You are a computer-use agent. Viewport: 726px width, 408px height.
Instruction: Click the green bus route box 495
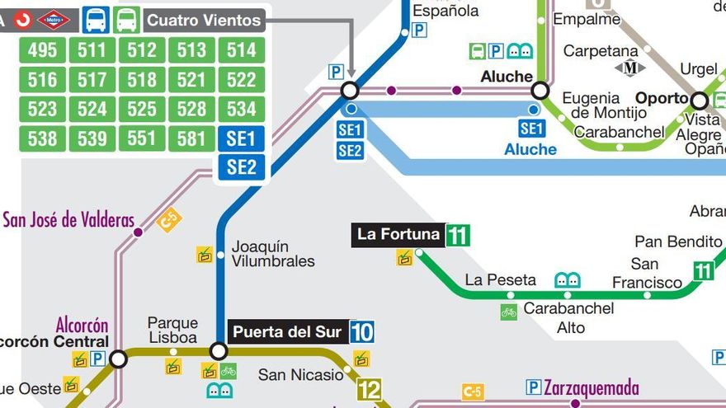(x=42, y=50)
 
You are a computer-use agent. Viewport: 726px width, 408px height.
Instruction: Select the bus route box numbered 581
(x=191, y=138)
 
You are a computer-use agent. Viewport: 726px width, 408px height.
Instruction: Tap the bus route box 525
(x=142, y=109)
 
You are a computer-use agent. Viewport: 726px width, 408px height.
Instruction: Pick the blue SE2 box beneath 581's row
(x=241, y=167)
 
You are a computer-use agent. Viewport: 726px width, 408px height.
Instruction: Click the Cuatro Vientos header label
(x=204, y=20)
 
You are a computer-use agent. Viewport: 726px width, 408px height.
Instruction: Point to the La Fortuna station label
(x=398, y=235)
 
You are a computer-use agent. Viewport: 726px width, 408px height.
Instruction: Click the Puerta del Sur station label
(x=286, y=332)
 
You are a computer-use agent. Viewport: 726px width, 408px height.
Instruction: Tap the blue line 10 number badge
(x=361, y=332)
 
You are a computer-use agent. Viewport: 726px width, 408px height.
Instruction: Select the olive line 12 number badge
(x=369, y=390)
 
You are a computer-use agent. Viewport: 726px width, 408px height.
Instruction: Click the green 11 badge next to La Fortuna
(x=458, y=236)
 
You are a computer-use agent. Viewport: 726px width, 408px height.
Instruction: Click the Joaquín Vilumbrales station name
(x=273, y=254)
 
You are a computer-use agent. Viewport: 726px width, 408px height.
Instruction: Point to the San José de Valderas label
(x=68, y=220)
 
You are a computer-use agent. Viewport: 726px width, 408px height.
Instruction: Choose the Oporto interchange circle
(x=700, y=101)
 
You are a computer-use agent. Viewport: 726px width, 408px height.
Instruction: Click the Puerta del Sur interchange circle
(x=218, y=351)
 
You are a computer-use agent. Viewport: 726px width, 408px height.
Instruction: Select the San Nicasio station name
(x=300, y=375)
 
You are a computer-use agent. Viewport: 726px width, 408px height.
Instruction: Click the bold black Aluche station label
(x=507, y=77)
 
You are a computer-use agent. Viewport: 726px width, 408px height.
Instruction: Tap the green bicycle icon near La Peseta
(x=508, y=312)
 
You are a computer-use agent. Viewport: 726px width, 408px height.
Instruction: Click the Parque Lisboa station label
(x=172, y=330)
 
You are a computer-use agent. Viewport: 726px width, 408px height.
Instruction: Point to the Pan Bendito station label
(x=678, y=242)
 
